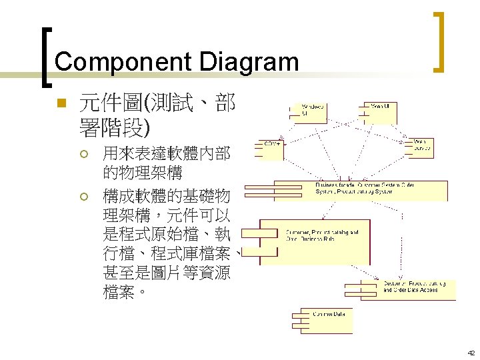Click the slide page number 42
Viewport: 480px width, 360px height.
pyautogui.click(x=470, y=354)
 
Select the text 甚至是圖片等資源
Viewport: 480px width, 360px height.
pyautogui.click(x=167, y=272)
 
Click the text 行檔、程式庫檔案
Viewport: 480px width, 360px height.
pyautogui.click(x=167, y=253)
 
